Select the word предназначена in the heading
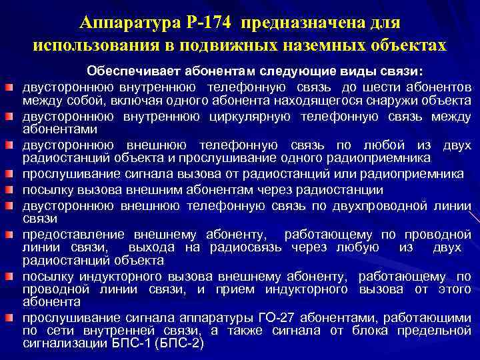[x=303, y=23]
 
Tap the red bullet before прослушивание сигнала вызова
[x=9, y=175]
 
